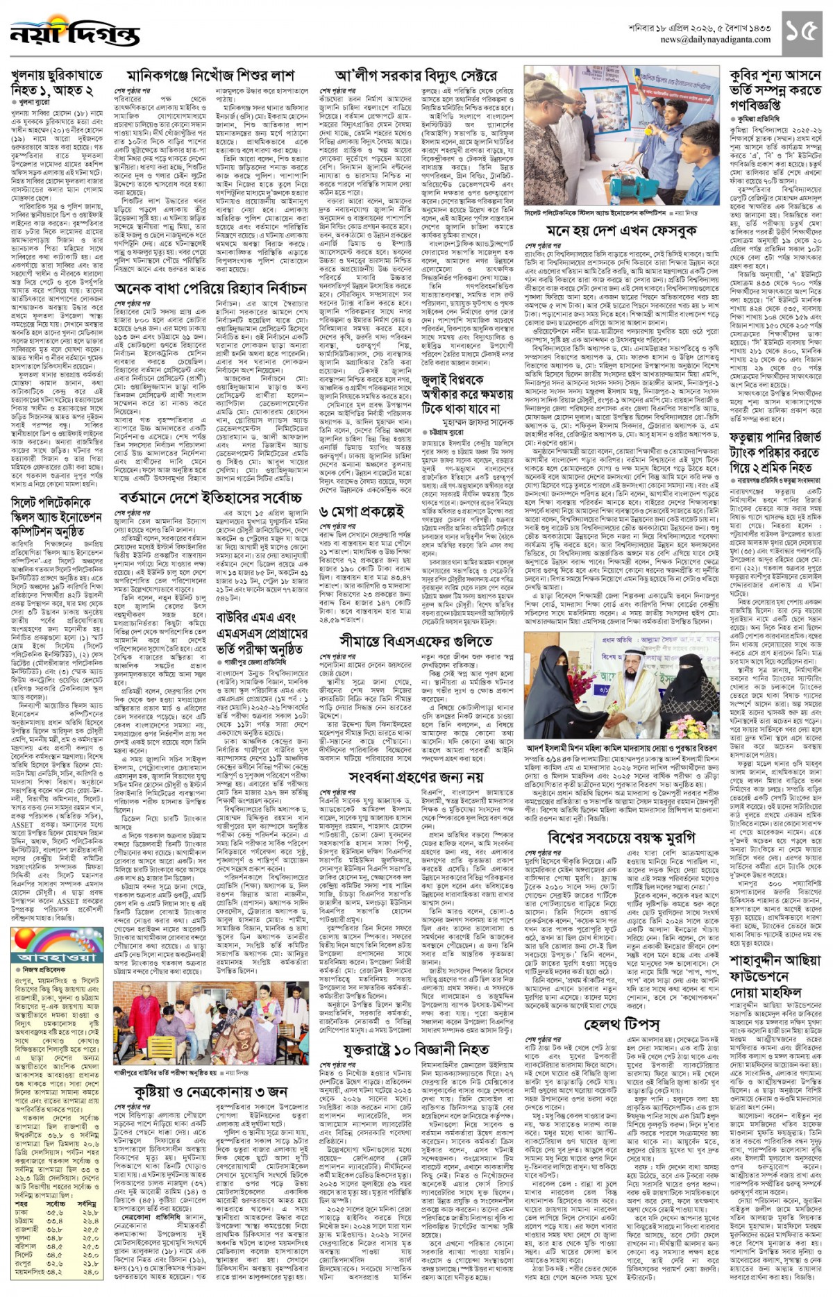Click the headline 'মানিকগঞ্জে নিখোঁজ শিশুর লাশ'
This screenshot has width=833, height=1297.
(210, 75)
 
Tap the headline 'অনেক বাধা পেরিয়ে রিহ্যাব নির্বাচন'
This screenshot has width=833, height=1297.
(210, 287)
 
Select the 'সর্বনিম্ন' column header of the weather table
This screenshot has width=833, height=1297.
(87, 1184)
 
